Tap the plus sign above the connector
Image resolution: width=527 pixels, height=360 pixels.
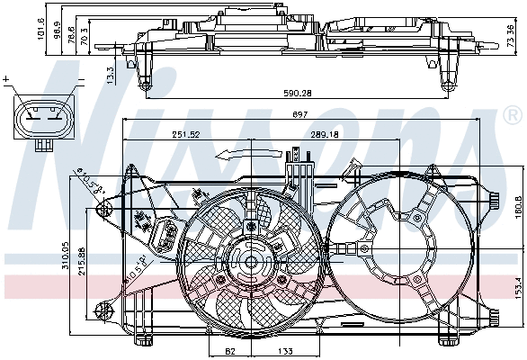(7, 81)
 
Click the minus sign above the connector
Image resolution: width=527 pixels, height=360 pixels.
(80, 81)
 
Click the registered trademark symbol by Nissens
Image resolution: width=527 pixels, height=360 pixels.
(514, 114)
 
